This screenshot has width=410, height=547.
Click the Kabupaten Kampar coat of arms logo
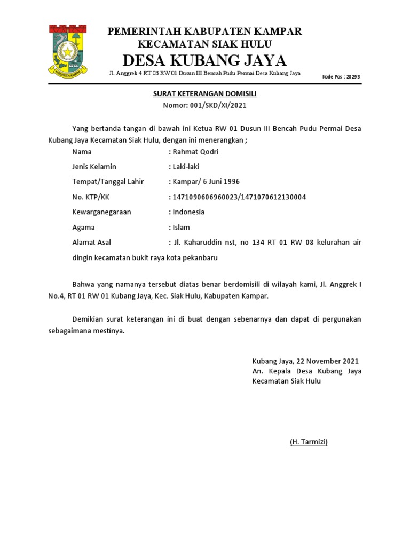pyautogui.click(x=68, y=49)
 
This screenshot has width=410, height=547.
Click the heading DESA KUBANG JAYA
pyautogui.click(x=204, y=59)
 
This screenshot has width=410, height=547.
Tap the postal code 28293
pyautogui.click(x=352, y=76)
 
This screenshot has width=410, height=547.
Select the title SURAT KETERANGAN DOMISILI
pyautogui.click(x=205, y=94)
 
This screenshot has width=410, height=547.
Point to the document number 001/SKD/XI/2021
pyautogui.click(x=218, y=105)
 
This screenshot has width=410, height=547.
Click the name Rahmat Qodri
pyautogui.click(x=195, y=152)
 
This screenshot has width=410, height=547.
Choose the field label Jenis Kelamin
pyautogui.click(x=94, y=167)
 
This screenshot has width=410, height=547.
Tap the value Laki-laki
pyautogui.click(x=186, y=167)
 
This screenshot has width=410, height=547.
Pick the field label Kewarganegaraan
pyautogui.click(x=101, y=212)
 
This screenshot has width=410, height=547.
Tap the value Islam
pyautogui.click(x=181, y=228)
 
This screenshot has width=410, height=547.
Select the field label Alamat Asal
pyautogui.click(x=91, y=243)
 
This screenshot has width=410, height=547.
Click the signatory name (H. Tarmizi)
pyautogui.click(x=309, y=442)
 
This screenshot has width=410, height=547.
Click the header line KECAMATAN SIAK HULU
pyautogui.click(x=204, y=44)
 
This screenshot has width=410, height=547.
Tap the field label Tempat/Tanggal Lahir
pyautogui.click(x=108, y=182)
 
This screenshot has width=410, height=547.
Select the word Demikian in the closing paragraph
pyautogui.click(x=88, y=319)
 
